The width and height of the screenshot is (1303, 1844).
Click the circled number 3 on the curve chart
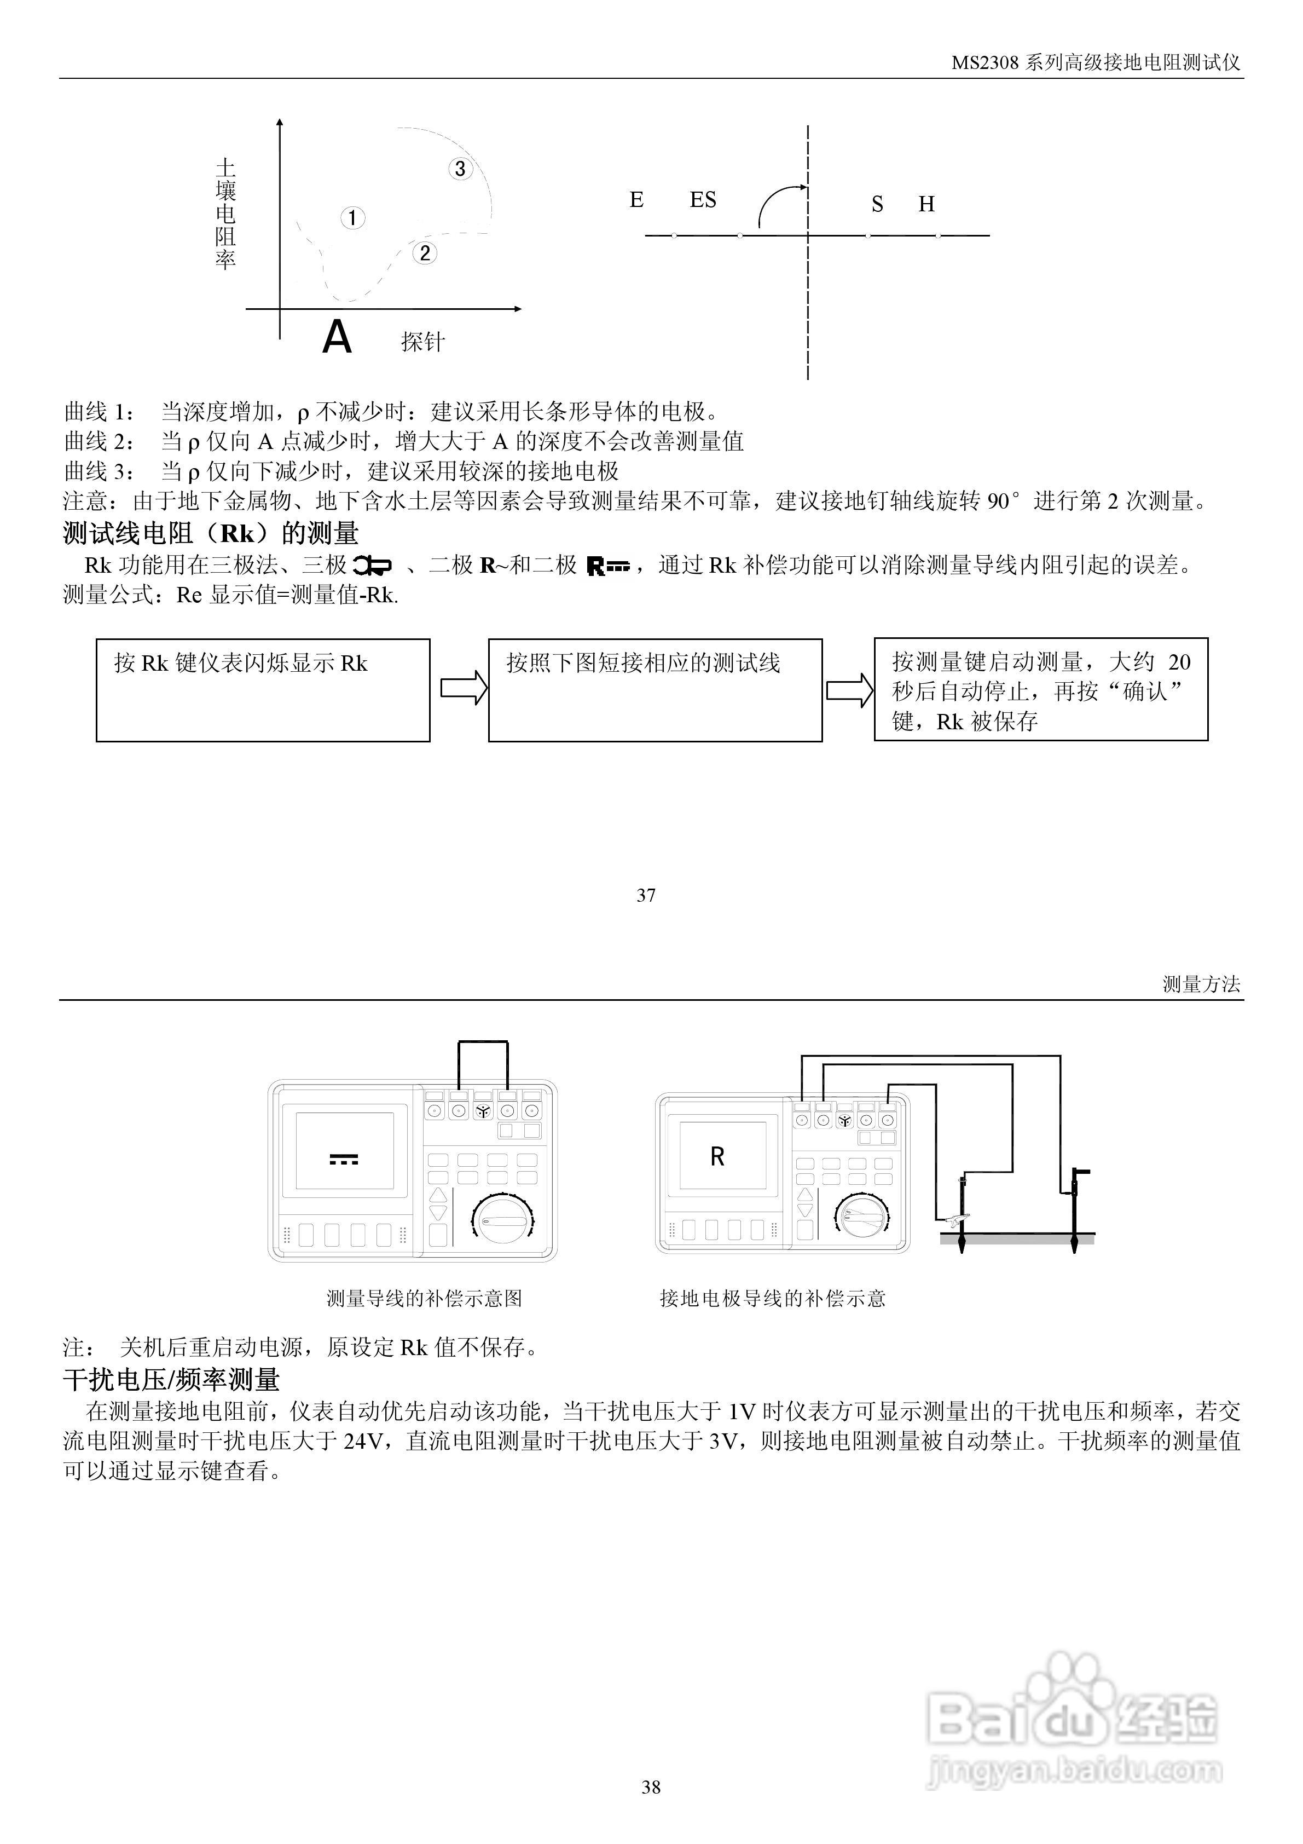[460, 169]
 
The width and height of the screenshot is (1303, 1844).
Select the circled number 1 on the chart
[352, 218]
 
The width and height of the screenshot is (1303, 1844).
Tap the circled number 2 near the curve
[425, 253]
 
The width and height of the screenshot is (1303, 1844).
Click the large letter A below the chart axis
[337, 337]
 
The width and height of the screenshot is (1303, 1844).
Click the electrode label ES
[703, 199]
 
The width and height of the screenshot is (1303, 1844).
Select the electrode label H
[926, 204]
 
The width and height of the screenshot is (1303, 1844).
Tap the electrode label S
[877, 205]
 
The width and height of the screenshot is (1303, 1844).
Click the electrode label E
[636, 199]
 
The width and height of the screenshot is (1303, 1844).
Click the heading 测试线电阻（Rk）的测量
[211, 533]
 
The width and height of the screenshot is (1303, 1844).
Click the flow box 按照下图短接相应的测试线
[655, 690]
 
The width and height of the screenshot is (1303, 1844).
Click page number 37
[646, 896]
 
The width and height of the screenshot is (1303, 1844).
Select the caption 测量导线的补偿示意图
[424, 1298]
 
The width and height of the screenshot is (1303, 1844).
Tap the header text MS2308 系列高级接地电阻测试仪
[1096, 62]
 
